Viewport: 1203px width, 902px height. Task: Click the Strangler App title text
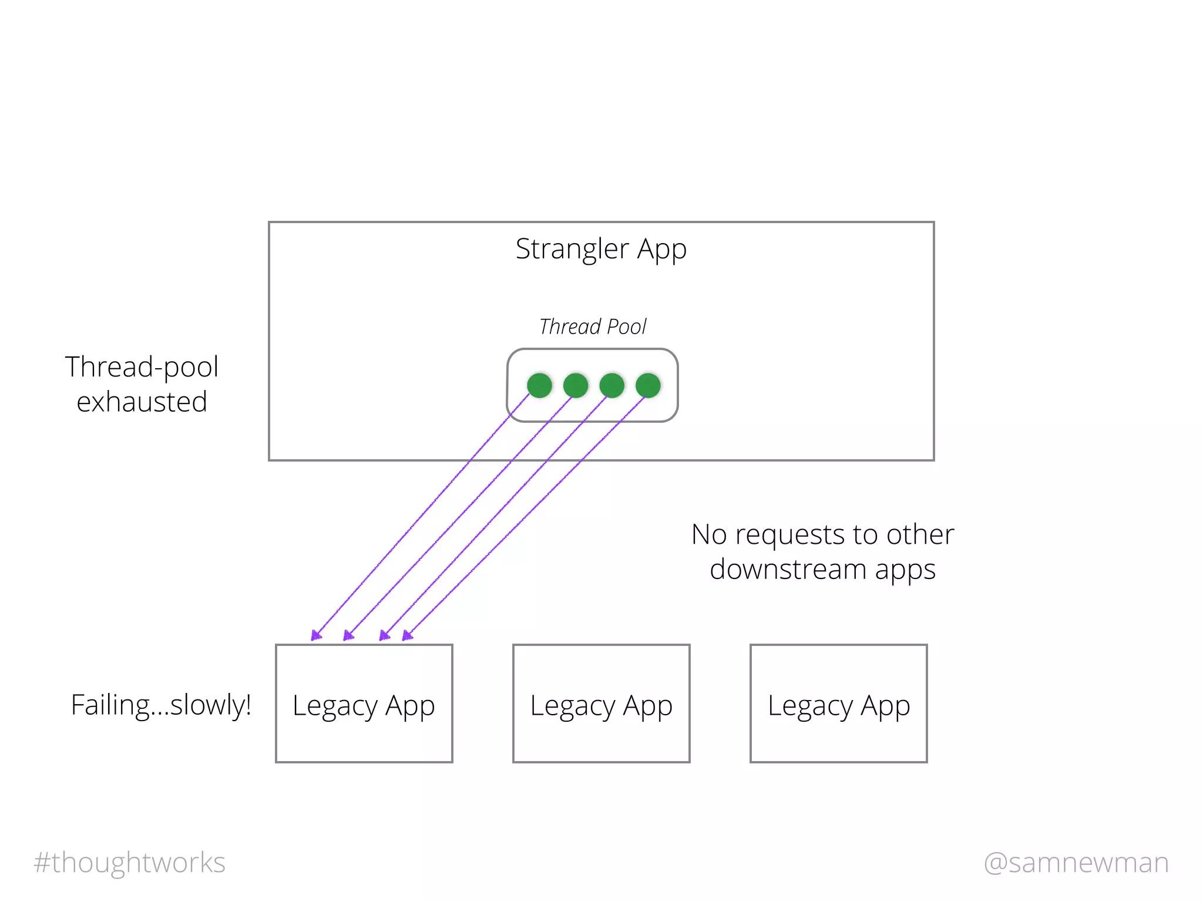pyautogui.click(x=601, y=249)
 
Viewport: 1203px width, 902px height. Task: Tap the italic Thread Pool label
pyautogui.click(x=593, y=327)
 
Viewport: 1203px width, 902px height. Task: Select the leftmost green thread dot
pyautogui.click(x=539, y=386)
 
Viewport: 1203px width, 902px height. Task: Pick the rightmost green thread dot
pyautogui.click(x=648, y=386)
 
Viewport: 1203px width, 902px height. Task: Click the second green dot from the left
pyautogui.click(x=576, y=386)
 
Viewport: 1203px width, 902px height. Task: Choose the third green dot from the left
pyautogui.click(x=611, y=386)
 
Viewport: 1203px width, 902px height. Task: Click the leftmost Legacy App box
pyautogui.click(x=364, y=704)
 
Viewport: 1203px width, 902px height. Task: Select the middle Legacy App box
pyautogui.click(x=601, y=704)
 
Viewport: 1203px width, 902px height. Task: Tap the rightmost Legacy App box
pyautogui.click(x=838, y=704)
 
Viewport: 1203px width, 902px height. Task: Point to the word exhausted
pyautogui.click(x=142, y=402)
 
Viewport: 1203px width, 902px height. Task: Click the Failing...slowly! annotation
pyautogui.click(x=161, y=705)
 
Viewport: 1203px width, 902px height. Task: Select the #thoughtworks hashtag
pyautogui.click(x=130, y=863)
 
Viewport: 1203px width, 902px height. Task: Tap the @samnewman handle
pyautogui.click(x=1076, y=863)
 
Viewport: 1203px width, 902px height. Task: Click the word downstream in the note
pyautogui.click(x=788, y=570)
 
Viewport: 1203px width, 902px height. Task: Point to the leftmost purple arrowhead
pyautogui.click(x=315, y=635)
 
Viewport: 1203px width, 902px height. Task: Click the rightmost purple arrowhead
pyautogui.click(x=406, y=635)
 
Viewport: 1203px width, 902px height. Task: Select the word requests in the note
pyautogui.click(x=790, y=534)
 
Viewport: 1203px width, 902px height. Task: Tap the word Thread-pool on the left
pyautogui.click(x=142, y=367)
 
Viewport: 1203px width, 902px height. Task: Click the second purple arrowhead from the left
pyautogui.click(x=348, y=635)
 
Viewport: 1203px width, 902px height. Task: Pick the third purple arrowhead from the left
pyautogui.click(x=384, y=635)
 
